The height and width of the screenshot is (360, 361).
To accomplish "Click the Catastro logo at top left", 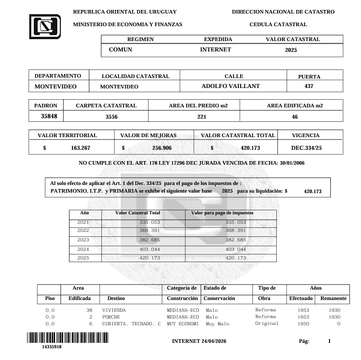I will [x=45, y=26].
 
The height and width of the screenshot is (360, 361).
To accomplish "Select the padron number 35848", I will [x=49, y=116].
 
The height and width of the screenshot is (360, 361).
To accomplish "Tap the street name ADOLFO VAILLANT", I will [x=230, y=86].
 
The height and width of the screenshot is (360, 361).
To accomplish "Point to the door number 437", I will [x=309, y=86].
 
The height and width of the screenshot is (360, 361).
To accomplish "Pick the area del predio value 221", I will [x=201, y=117].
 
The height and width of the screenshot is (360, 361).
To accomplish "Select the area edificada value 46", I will [x=295, y=117].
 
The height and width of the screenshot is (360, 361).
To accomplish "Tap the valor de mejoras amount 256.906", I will [x=162, y=148].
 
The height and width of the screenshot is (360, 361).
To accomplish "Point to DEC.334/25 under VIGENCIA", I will [x=306, y=148].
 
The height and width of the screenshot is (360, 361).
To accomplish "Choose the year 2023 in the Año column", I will [x=83, y=240].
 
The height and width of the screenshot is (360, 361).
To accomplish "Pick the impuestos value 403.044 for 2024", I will [x=236, y=249].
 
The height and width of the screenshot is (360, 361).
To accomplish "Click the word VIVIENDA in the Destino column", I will [x=114, y=310].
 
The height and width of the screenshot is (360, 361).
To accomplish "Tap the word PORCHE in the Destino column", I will [x=111, y=317].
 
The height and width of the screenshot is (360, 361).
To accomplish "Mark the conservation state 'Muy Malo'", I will [x=217, y=324].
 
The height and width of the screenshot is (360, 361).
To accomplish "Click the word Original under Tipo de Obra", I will [x=267, y=323].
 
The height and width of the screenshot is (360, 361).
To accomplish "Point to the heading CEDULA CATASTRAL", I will [x=278, y=24].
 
